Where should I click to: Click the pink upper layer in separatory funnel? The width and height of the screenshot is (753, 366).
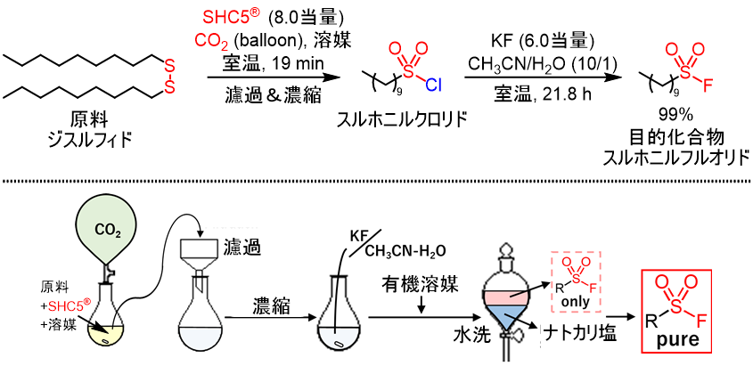[x=507, y=294]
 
